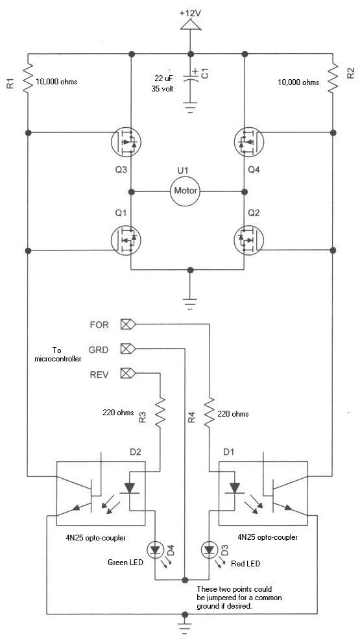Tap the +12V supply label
point(190,13)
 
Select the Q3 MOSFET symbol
point(126,142)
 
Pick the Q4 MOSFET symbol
point(249,142)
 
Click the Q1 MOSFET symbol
point(126,241)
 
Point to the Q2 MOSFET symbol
point(249,241)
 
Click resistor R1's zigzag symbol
point(28,78)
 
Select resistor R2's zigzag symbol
point(333,78)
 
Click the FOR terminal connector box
point(128,324)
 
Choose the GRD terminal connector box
point(128,349)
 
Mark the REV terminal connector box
point(128,374)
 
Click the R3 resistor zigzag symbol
point(160,412)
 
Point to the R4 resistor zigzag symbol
point(210,412)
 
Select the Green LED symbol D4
point(156,549)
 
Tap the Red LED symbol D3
point(210,549)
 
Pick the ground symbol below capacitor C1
point(190,108)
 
